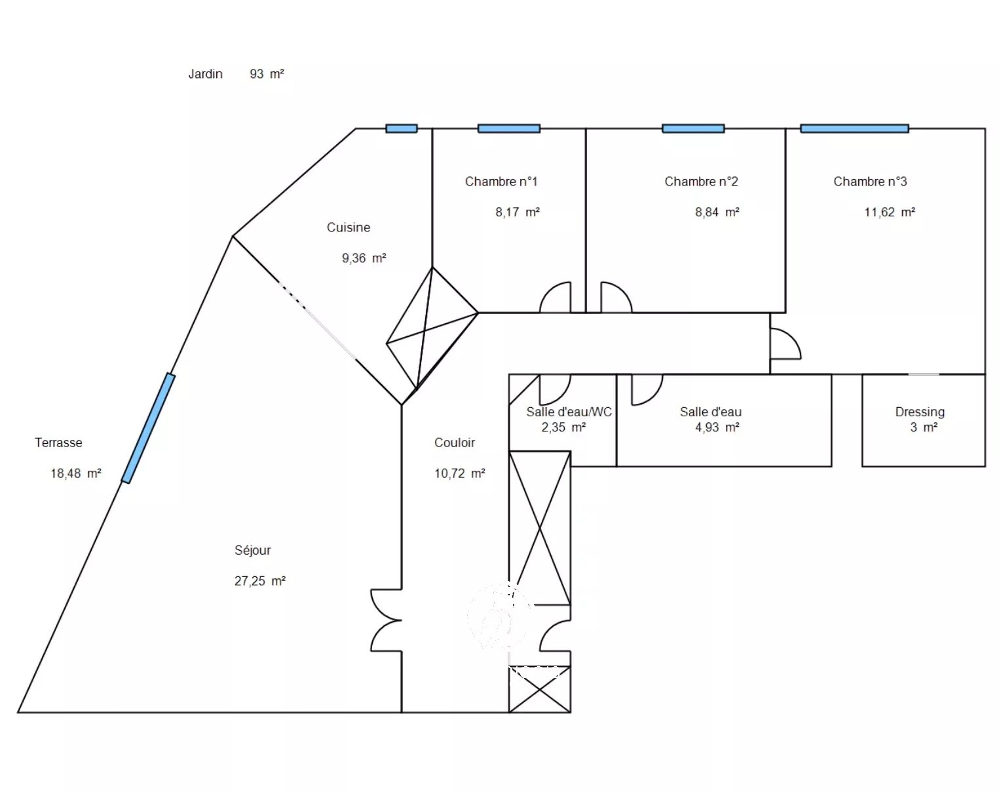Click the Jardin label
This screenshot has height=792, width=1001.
pyautogui.click(x=205, y=74)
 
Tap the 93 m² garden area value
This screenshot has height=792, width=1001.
pyautogui.click(x=267, y=73)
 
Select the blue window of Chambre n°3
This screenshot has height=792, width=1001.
pyautogui.click(x=854, y=129)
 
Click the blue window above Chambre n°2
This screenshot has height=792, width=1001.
pyautogui.click(x=693, y=129)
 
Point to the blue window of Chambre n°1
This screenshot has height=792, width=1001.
pyautogui.click(x=509, y=129)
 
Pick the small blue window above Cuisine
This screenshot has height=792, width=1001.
pyautogui.click(x=402, y=129)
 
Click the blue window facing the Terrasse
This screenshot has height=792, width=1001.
pyautogui.click(x=149, y=428)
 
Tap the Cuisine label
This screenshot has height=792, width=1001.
pyautogui.click(x=349, y=228)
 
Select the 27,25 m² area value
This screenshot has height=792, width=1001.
pyautogui.click(x=259, y=581)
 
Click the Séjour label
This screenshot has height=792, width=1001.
pyautogui.click(x=253, y=550)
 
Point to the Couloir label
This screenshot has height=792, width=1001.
pyautogui.click(x=455, y=443)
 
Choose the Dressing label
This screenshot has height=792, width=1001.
pyautogui.click(x=920, y=412)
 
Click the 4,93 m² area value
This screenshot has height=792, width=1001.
pyautogui.click(x=717, y=427)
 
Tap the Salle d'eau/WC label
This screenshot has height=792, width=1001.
pyautogui.click(x=569, y=412)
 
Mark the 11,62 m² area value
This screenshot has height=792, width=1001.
pyautogui.click(x=890, y=212)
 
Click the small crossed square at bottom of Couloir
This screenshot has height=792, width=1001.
pyautogui.click(x=540, y=689)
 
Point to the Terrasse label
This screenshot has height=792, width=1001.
pyautogui.click(x=58, y=443)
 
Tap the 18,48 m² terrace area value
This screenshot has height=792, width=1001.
pyautogui.click(x=76, y=473)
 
